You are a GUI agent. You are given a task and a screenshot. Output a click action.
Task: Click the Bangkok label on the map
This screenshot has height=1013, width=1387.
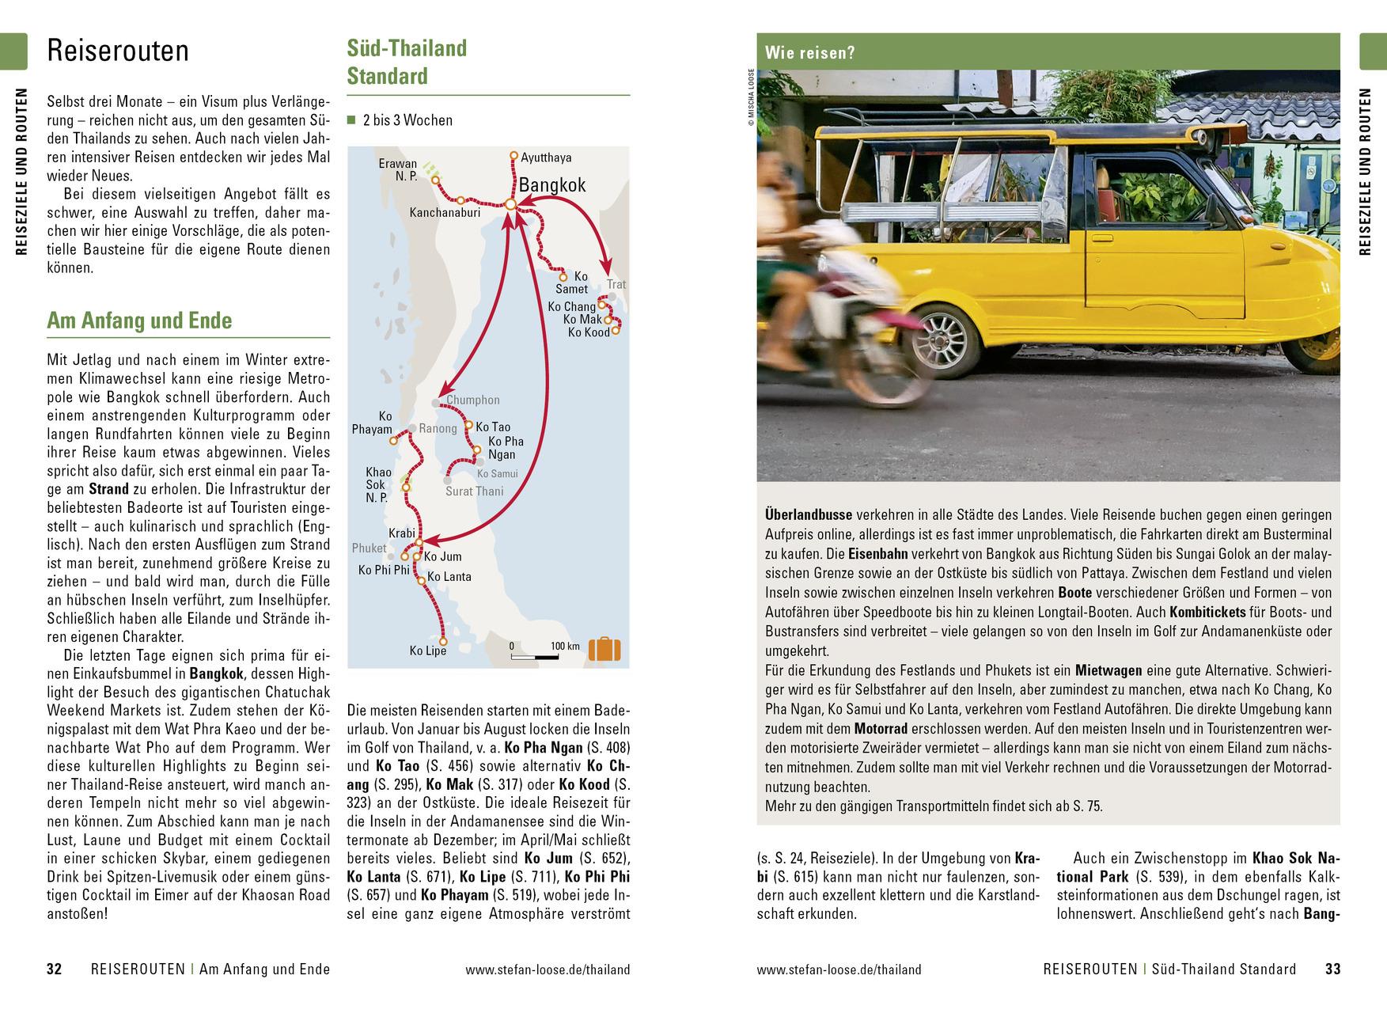click(x=551, y=185)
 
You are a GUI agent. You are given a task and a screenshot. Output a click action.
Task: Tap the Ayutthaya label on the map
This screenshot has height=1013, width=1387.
click(x=546, y=157)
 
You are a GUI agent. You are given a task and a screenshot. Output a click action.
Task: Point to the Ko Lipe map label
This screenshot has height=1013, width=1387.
click(x=428, y=651)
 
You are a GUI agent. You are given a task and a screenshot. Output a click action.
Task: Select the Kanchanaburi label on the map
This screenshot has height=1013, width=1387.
click(x=445, y=212)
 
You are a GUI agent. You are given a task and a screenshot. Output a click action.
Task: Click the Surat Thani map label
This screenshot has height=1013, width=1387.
click(x=474, y=491)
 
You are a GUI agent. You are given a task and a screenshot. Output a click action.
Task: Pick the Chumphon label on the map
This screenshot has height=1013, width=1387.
click(x=473, y=400)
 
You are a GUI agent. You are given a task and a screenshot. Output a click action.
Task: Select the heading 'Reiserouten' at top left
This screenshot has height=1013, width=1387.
click(x=118, y=51)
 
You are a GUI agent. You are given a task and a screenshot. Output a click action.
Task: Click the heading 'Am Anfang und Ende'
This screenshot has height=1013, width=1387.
click(x=139, y=321)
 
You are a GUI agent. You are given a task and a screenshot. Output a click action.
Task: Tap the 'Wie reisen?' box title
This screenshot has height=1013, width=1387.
click(x=810, y=54)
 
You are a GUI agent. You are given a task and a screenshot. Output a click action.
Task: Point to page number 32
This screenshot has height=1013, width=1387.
click(x=54, y=969)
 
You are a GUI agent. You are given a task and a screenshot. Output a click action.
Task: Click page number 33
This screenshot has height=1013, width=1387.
click(x=1333, y=969)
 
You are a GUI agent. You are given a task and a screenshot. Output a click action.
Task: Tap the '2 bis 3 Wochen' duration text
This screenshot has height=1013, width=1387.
click(x=407, y=120)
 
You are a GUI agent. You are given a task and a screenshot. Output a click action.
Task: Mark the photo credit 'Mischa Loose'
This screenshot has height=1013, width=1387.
click(x=750, y=99)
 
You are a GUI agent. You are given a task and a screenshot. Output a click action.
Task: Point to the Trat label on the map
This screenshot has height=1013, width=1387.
click(x=616, y=285)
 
